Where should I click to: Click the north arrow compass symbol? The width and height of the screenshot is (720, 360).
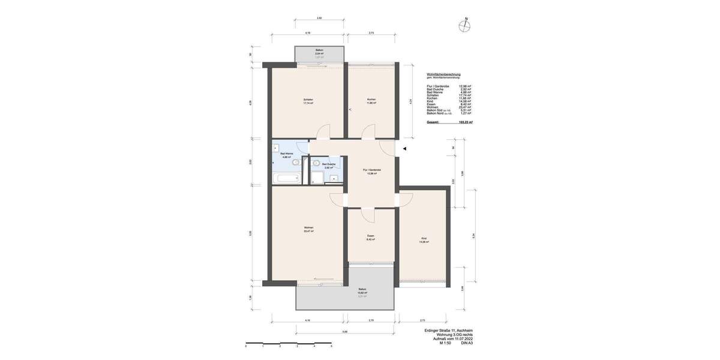pyautogui.click(x=464, y=26)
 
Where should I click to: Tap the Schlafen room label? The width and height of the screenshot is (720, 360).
pyautogui.click(x=308, y=100)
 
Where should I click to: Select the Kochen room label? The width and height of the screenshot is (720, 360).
pyautogui.click(x=371, y=100)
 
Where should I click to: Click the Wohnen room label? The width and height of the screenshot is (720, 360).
pyautogui.click(x=308, y=228)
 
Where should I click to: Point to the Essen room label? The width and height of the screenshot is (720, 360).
pyautogui.click(x=371, y=236)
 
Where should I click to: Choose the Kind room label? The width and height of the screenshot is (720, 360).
pyautogui.click(x=424, y=239)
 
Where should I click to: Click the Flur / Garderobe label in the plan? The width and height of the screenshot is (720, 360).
pyautogui.click(x=372, y=170)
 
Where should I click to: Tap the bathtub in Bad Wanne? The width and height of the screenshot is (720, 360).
pyautogui.click(x=286, y=178)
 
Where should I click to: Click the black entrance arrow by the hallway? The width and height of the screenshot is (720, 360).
pyautogui.click(x=404, y=149)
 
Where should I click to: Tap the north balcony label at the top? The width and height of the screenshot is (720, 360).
pyautogui.click(x=320, y=50)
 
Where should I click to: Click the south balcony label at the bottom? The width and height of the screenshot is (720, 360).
pyautogui.click(x=362, y=290)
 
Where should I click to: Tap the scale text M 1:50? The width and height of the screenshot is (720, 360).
pyautogui.click(x=445, y=343)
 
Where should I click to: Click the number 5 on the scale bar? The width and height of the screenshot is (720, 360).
pyautogui.click(x=331, y=346)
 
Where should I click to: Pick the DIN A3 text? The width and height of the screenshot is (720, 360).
pyautogui.click(x=467, y=343)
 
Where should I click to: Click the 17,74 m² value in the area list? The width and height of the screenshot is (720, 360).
pyautogui.click(x=465, y=95)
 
